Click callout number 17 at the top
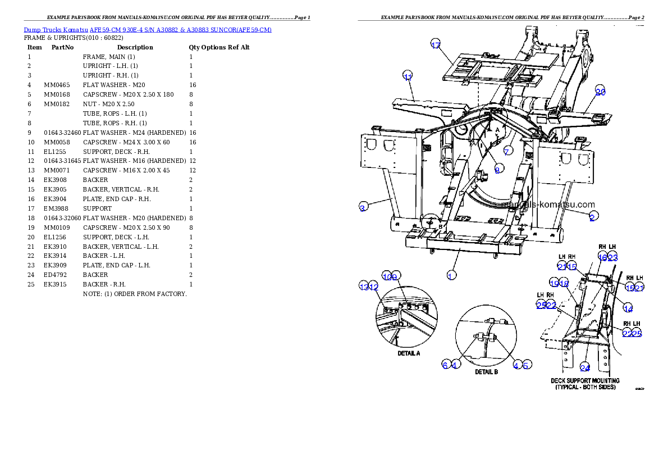pyautogui.click(x=436, y=46)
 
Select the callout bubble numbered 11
pyautogui.click(x=408, y=76)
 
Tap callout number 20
pyautogui.click(x=600, y=92)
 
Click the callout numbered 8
pyautogui.click(x=497, y=170)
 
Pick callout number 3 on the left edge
pyautogui.click(x=363, y=208)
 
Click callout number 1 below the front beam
pyautogui.click(x=450, y=275)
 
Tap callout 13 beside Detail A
pyautogui.click(x=364, y=286)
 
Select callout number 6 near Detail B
pyautogui.click(x=445, y=365)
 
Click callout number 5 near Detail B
pyautogui.click(x=526, y=365)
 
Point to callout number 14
pyautogui.click(x=628, y=308)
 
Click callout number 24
pyautogui.click(x=585, y=368)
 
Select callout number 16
pyautogui.click(x=602, y=257)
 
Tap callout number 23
pyautogui.click(x=612, y=257)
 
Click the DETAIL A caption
pyautogui.click(x=409, y=353)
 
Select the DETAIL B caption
pyautogui.click(x=487, y=372)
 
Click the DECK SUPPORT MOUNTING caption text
pyautogui.click(x=585, y=381)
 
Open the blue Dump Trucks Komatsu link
pyautogui.click(x=148, y=30)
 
